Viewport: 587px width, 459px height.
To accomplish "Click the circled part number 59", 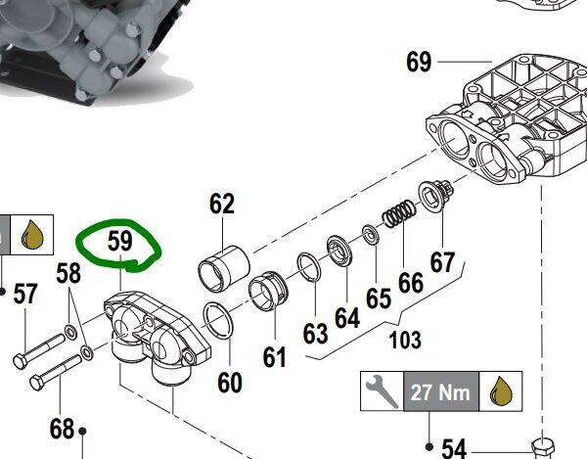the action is (119, 241).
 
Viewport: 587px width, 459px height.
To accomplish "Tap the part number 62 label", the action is (222, 204).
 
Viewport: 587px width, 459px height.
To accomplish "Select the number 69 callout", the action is (419, 62).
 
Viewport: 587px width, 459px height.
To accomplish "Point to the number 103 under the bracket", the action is (405, 340).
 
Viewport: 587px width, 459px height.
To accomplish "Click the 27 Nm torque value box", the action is (441, 391).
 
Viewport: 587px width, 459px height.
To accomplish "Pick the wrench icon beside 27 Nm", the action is (382, 391).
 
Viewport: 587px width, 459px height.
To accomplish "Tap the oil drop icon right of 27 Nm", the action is (501, 391).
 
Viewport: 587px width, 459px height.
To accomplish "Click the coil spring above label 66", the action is (399, 213).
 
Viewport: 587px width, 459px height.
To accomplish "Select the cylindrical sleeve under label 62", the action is (223, 268).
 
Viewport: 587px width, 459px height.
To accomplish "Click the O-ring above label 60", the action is (218, 320).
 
